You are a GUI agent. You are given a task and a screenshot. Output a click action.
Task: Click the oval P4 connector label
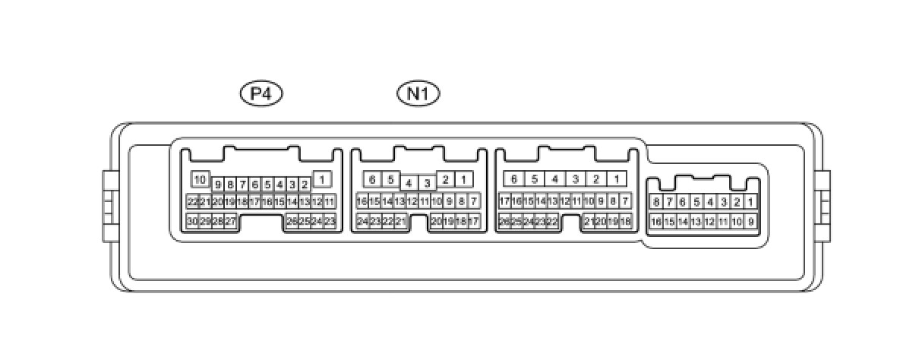[x=261, y=93]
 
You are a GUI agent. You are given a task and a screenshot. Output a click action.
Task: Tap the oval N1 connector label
[x=418, y=93]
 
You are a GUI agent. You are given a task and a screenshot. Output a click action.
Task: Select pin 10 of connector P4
[x=200, y=180]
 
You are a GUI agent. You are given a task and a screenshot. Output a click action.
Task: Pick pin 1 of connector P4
[x=322, y=180]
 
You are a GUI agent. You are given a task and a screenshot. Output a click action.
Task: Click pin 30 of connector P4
[x=193, y=221]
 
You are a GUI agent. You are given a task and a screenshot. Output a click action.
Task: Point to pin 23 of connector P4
[x=330, y=221]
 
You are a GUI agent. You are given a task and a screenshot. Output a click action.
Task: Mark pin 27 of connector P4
[x=230, y=221]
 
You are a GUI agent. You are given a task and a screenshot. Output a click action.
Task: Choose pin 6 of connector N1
[x=372, y=180]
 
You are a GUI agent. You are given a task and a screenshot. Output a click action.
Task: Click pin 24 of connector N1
[x=363, y=221]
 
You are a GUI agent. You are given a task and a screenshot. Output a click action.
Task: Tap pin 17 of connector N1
[x=474, y=221]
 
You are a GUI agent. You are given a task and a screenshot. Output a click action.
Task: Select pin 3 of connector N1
[x=428, y=183]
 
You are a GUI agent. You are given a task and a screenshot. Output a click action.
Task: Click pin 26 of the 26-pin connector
[x=504, y=221]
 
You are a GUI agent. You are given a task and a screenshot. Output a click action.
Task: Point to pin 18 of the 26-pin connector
[x=626, y=221]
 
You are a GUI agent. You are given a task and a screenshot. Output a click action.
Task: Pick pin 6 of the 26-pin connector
[x=514, y=180]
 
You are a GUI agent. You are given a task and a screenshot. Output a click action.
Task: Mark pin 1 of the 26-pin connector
[x=617, y=180]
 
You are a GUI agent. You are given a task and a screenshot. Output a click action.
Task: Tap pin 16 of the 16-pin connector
[x=656, y=222]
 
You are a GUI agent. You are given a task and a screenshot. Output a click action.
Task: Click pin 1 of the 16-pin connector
[x=750, y=202]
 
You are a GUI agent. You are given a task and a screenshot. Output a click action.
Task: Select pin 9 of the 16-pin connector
[x=750, y=222]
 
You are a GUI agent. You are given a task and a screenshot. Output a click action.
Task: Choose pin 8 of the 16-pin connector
[x=656, y=202]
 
